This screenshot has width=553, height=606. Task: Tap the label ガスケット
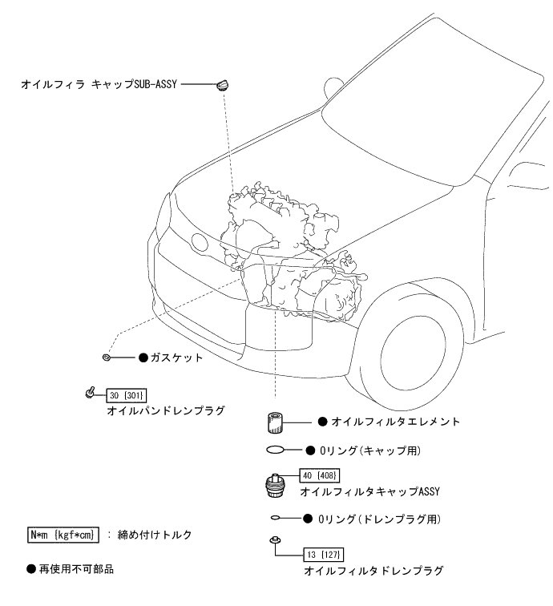[177, 358]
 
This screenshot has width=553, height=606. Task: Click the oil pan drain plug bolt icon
[91, 393]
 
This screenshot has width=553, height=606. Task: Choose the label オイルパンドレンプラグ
[165, 410]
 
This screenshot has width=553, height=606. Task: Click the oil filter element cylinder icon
[276, 421]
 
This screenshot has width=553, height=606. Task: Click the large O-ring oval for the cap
[277, 450]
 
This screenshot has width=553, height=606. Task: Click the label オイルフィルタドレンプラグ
[373, 571]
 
